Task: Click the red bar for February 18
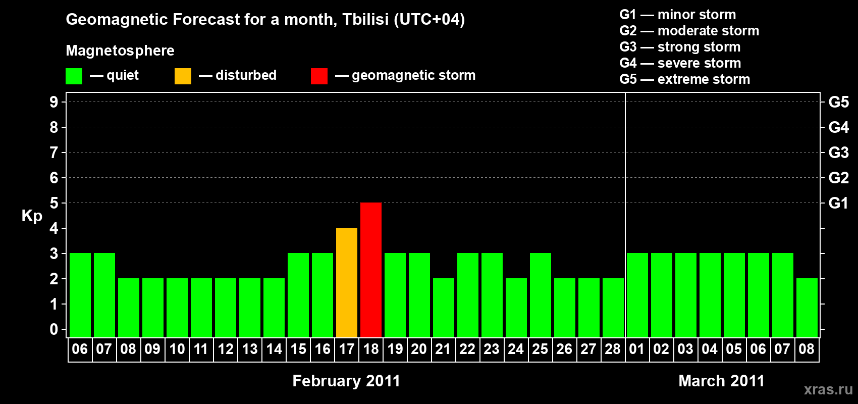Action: [x=371, y=270]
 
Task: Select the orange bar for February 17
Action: [x=347, y=282]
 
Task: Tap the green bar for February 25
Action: [x=541, y=295]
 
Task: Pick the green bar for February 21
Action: [x=444, y=308]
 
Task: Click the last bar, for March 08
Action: [x=807, y=308]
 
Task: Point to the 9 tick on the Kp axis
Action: [x=53, y=102]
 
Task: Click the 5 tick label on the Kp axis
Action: [x=53, y=203]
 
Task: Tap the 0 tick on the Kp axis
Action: [x=53, y=329]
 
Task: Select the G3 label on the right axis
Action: [x=838, y=153]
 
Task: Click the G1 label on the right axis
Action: [x=838, y=203]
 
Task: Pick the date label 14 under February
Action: [x=274, y=349]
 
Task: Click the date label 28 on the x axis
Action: [x=613, y=349]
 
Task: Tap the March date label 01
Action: [x=637, y=349]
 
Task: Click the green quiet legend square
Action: [x=74, y=76]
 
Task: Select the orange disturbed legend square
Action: [x=183, y=76]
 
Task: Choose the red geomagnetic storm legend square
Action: [x=319, y=76]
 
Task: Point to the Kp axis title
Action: [x=32, y=216]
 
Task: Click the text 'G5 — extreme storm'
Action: [x=685, y=79]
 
